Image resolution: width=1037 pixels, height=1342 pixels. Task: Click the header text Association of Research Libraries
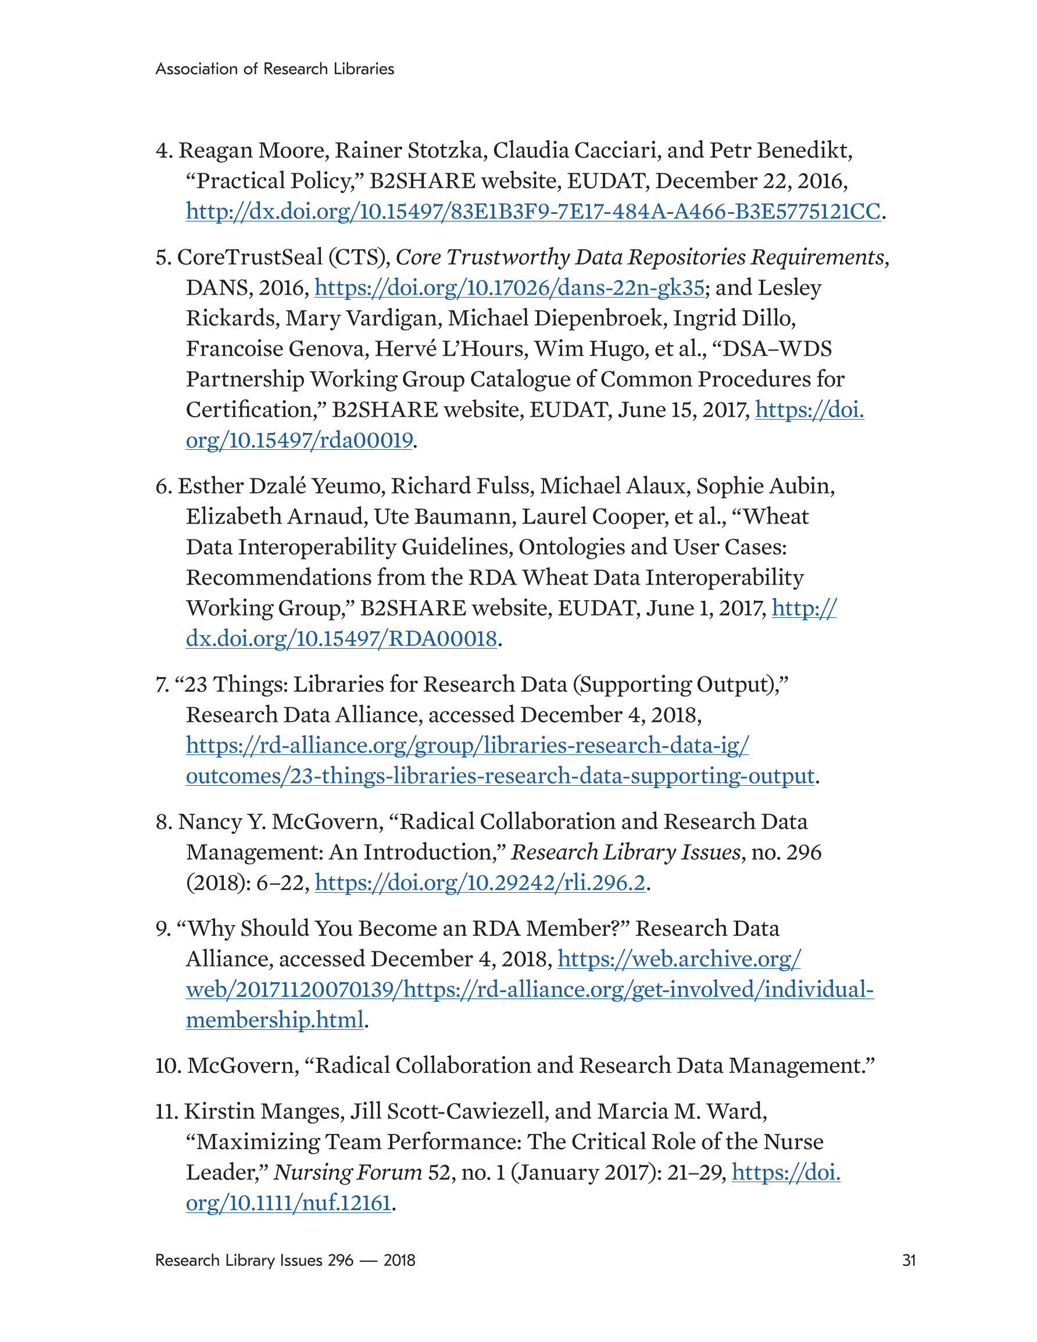coord(274,69)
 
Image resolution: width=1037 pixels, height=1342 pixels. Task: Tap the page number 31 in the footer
coord(909,1260)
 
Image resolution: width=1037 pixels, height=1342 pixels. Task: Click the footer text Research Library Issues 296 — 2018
coord(285,1260)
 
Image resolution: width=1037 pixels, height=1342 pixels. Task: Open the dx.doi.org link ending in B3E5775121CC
coord(533,212)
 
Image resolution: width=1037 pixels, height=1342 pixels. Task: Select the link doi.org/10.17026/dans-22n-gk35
coord(509,288)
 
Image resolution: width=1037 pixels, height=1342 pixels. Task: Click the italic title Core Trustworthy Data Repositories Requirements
coord(639,257)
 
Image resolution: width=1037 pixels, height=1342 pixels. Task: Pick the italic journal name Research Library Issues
coord(626,852)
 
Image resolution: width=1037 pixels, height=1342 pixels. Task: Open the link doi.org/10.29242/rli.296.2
coord(480,883)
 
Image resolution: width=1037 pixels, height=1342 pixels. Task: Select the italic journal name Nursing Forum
coord(347,1172)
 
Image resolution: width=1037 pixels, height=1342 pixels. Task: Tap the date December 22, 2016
coord(751,181)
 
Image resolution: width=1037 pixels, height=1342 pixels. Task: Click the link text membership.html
coord(275,1020)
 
